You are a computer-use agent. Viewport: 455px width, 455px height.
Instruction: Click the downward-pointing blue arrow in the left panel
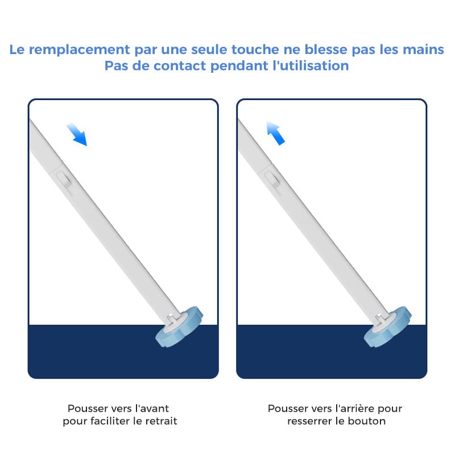point(76,134)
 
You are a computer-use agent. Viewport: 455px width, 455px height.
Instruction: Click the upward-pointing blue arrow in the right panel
point(276,133)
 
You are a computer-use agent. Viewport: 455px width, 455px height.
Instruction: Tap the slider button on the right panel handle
point(274,180)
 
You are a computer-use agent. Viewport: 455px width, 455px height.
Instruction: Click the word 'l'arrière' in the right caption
point(356,408)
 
